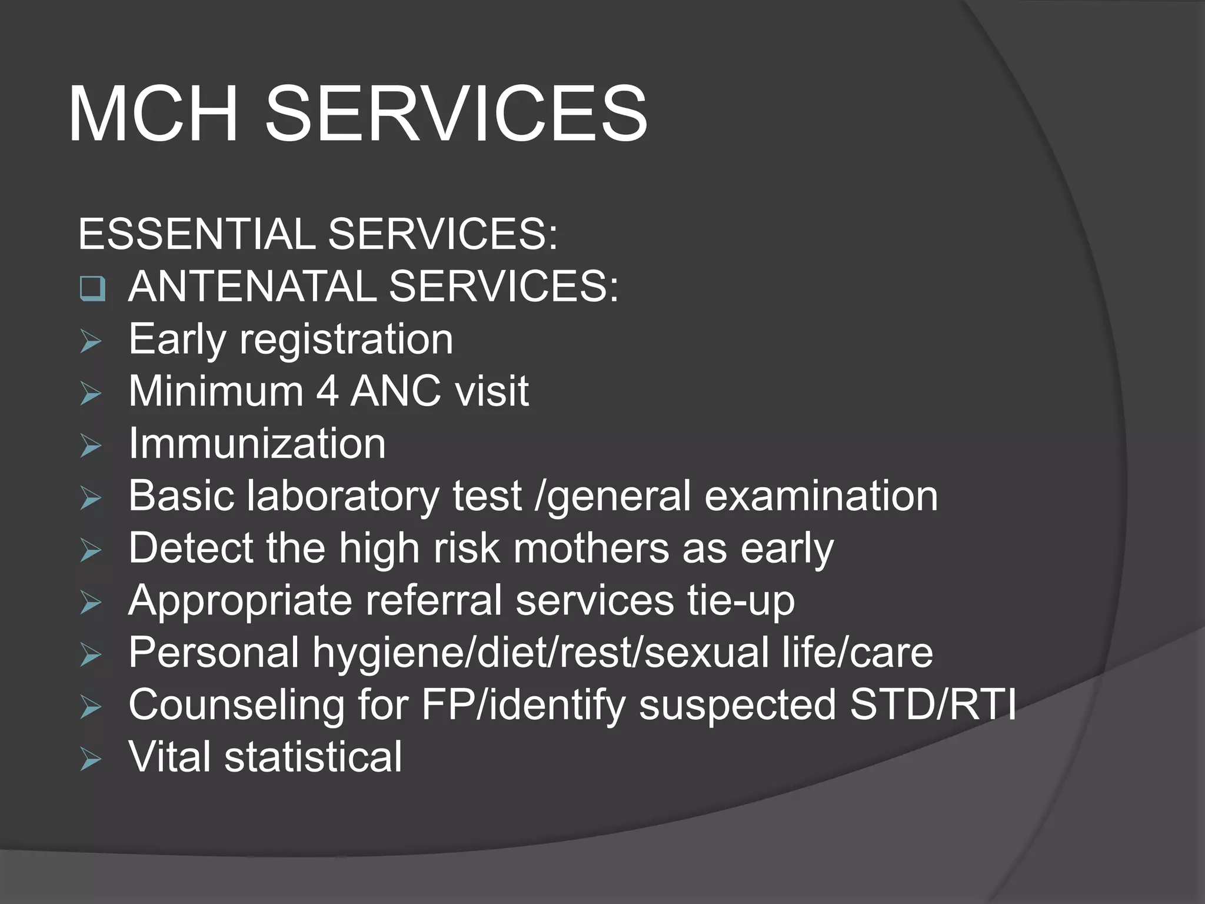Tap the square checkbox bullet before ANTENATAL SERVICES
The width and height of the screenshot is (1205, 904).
92,289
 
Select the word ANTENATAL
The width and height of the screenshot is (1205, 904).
251,287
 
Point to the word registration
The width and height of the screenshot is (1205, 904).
346,340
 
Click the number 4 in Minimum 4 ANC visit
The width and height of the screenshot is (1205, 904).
327,391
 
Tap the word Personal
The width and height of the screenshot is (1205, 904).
214,653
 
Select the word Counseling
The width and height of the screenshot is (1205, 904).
236,705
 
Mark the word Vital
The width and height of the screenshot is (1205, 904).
170,757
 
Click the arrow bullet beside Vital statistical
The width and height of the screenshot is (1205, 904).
91,760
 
